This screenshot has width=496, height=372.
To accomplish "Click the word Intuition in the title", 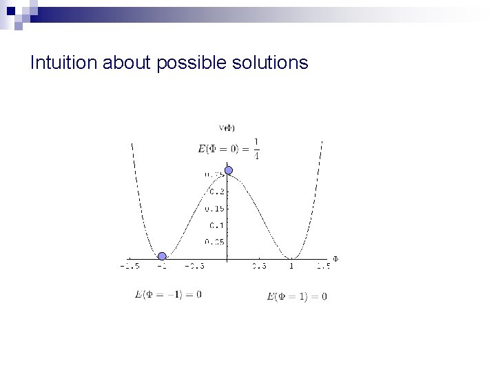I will coord(63,64).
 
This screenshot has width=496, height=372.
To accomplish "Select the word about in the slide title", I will coord(127,64).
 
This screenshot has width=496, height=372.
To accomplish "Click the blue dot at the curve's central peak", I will coord(229,171).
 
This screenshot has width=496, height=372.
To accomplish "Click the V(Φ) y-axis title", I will coord(227,127).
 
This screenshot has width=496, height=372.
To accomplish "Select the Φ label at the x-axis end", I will coord(336,259).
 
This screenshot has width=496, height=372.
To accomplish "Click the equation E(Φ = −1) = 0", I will coord(169,294).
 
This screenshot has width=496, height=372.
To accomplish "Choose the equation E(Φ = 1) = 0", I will coord(296,297).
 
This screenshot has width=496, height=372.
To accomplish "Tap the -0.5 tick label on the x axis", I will coord(195,266).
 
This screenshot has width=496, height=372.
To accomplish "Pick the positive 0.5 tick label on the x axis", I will coord(259,266).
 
